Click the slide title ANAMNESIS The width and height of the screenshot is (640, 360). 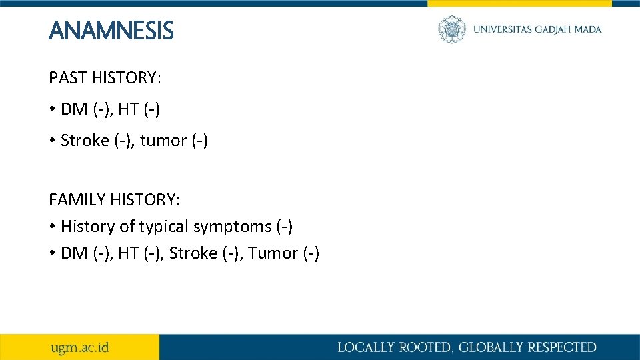pyautogui.click(x=111, y=31)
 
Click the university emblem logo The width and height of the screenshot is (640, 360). pyautogui.click(x=452, y=29)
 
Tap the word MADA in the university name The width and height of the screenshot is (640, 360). pyautogui.click(x=588, y=29)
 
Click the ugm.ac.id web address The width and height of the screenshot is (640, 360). pyautogui.click(x=80, y=347)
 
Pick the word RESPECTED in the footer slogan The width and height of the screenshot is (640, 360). pyautogui.click(x=562, y=347)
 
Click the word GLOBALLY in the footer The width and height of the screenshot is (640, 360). pyautogui.click(x=486, y=347)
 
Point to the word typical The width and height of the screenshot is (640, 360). pyautogui.click(x=163, y=227)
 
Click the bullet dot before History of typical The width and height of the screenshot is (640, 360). pyautogui.click(x=52, y=227)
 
